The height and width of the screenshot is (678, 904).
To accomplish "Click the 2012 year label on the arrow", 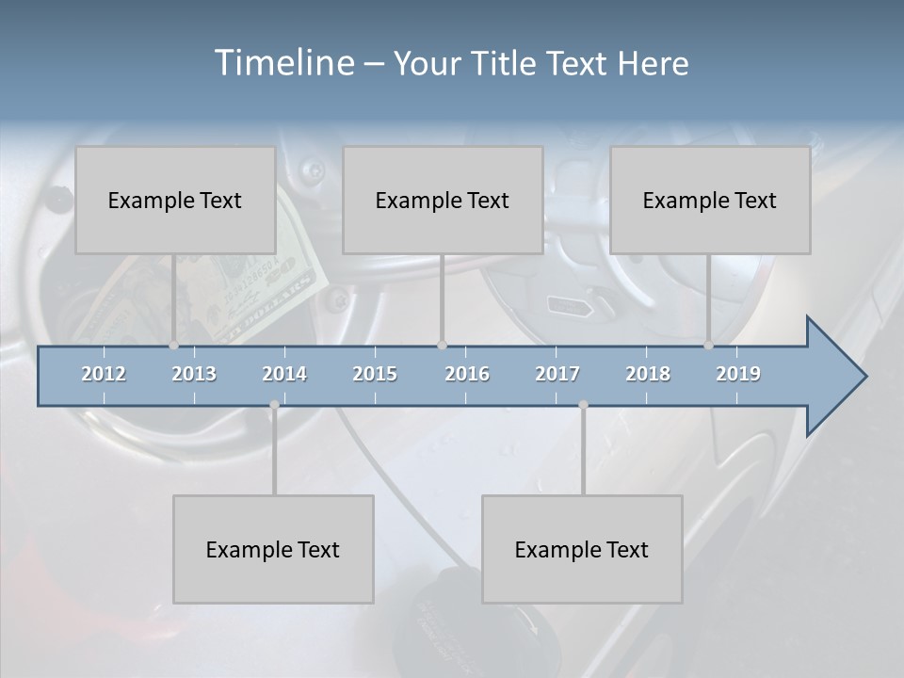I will (x=104, y=374).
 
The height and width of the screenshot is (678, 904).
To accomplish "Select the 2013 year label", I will (x=194, y=374).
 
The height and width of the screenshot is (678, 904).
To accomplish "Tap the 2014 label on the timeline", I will (x=284, y=374).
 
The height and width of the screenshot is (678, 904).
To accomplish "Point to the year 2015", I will (x=375, y=374).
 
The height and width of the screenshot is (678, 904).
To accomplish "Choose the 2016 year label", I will (x=467, y=374).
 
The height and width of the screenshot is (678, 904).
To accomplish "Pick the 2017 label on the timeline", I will (x=557, y=374).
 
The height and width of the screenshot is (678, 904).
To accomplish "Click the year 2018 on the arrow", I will (x=648, y=374).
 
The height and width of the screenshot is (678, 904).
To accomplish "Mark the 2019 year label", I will (x=738, y=374).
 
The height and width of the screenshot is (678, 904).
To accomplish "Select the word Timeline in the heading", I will (x=282, y=62).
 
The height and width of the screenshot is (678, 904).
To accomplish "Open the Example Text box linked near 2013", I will (x=175, y=200).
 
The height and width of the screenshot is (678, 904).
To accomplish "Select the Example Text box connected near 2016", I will (x=443, y=200).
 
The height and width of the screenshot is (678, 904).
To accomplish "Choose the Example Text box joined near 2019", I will (x=710, y=200).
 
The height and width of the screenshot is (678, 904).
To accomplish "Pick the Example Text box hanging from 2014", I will (x=273, y=549).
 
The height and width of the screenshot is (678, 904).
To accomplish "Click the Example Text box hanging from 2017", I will (x=582, y=549).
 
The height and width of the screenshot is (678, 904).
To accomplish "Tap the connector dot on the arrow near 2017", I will (x=584, y=405).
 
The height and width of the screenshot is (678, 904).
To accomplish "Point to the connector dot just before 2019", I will (x=709, y=346).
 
